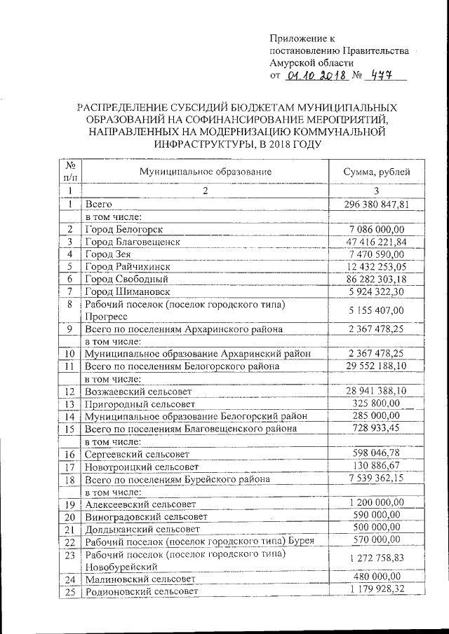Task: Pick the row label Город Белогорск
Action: pos(124,230)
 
